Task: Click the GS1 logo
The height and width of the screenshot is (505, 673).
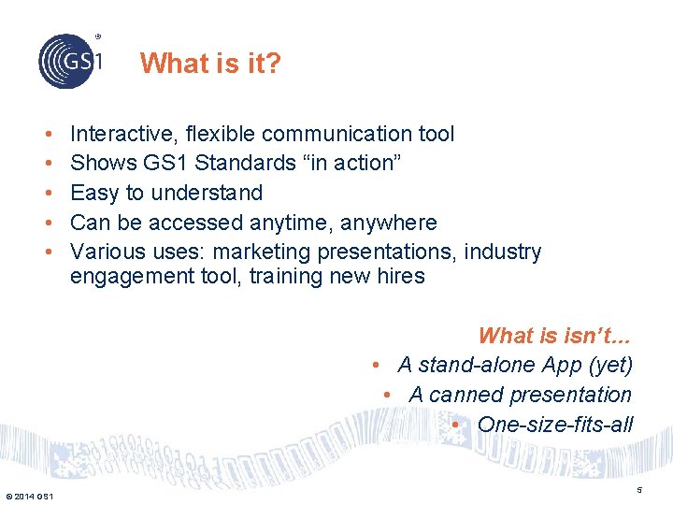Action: point(70,60)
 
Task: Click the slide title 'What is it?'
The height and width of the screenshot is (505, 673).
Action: point(210,64)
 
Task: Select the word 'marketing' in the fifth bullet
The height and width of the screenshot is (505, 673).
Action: point(360,252)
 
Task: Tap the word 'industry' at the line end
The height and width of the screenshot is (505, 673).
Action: point(504,252)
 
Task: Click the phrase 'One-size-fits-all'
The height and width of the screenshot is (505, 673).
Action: point(554,425)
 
